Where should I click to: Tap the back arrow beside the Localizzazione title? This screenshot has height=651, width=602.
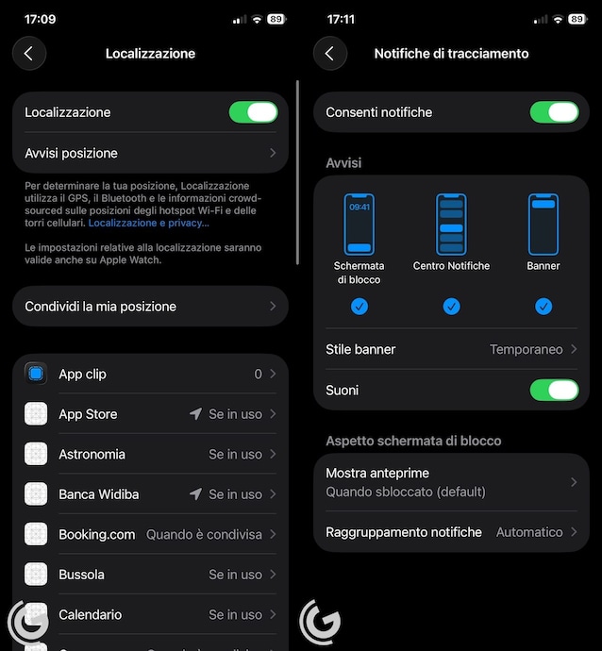[29, 53]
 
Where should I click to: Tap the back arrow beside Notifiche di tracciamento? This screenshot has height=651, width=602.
[330, 53]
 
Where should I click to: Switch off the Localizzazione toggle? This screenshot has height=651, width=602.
[253, 112]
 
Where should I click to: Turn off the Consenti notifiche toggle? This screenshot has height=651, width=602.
[554, 112]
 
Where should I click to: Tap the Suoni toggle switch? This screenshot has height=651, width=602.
[554, 390]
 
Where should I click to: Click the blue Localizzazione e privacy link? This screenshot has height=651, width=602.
[149, 223]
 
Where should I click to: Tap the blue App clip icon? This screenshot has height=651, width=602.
[36, 374]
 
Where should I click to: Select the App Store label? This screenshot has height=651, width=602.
[88, 414]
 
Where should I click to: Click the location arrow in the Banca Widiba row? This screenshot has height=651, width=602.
[195, 493]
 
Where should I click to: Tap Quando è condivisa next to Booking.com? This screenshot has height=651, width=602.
[204, 534]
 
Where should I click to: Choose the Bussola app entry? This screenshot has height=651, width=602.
[81, 575]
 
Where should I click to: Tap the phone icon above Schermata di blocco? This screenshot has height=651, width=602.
[360, 225]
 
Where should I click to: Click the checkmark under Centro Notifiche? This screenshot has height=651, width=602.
[451, 307]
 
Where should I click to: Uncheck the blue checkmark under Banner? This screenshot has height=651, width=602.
[543, 307]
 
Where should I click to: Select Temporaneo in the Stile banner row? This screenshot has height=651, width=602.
[526, 350]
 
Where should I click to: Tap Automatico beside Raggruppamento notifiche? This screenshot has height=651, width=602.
[529, 532]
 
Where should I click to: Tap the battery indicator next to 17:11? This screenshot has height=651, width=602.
[577, 19]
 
